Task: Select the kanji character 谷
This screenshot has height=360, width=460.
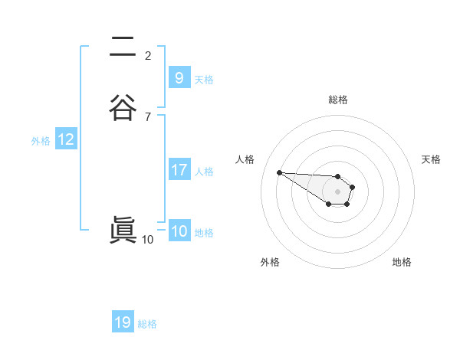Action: [123, 107]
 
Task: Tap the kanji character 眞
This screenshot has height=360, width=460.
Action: [123, 231]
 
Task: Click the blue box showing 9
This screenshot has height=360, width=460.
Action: [179, 77]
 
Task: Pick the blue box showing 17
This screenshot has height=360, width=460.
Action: [179, 170]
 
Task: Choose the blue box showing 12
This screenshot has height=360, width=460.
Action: [66, 139]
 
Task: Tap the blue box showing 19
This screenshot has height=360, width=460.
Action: [123, 322]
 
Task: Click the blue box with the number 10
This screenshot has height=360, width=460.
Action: [179, 231]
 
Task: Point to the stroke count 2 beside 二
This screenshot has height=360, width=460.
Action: [148, 55]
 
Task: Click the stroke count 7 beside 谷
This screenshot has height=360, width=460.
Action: [148, 116]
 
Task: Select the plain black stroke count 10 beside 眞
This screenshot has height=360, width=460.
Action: [148, 240]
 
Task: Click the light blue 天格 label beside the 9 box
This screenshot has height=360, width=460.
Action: [204, 79]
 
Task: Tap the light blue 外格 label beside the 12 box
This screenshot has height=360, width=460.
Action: [41, 140]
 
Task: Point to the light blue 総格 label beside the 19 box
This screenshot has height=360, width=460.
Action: [147, 324]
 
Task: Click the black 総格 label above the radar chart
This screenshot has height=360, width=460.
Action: [338, 100]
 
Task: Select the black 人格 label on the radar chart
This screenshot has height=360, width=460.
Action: [245, 159]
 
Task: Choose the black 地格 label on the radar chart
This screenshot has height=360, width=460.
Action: [402, 262]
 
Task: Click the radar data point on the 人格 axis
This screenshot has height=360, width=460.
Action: [279, 172]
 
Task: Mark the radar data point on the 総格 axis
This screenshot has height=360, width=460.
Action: [338, 176]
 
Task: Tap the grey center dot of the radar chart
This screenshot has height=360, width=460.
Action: [338, 191]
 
